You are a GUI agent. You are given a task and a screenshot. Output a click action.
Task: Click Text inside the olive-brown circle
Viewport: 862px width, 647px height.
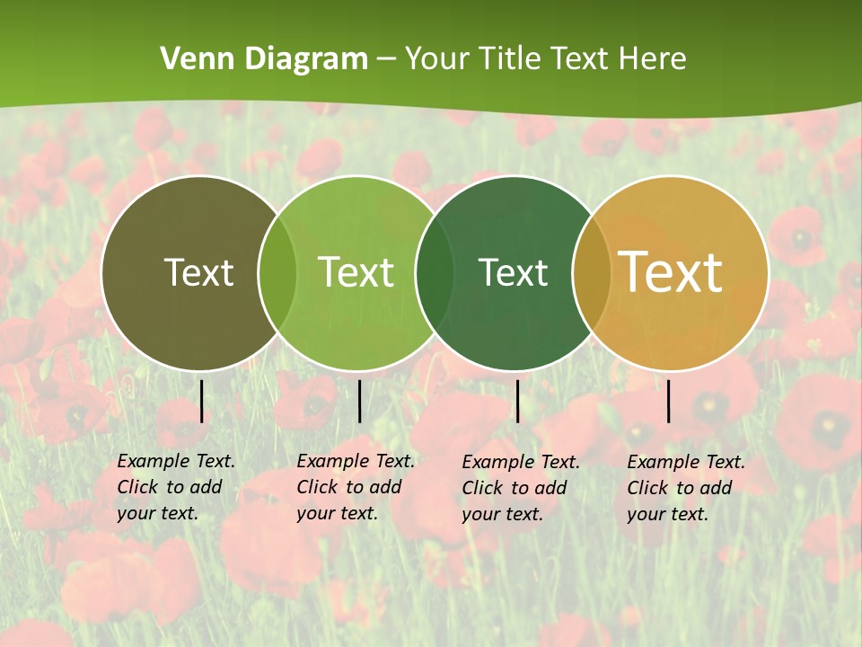[198, 272]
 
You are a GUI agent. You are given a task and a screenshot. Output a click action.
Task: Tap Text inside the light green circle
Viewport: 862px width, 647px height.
[356, 272]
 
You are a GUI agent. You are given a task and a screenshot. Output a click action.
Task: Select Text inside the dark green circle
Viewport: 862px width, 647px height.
[513, 272]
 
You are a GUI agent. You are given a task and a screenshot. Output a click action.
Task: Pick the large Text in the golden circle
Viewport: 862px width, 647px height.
[671, 272]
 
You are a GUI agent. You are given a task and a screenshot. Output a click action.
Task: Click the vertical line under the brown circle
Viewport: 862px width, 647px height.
[201, 401]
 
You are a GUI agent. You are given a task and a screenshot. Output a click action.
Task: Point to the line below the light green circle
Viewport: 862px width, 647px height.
[359, 401]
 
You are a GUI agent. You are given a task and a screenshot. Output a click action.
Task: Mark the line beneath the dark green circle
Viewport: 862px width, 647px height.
[517, 401]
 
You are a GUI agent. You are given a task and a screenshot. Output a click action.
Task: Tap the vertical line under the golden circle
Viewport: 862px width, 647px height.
[668, 401]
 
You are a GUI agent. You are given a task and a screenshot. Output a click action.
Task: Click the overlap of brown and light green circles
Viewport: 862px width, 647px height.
[277, 272]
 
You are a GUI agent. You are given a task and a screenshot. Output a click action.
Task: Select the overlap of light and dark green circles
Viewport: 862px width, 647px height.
[435, 272]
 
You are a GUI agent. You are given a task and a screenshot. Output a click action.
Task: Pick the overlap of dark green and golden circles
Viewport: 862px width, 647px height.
[591, 272]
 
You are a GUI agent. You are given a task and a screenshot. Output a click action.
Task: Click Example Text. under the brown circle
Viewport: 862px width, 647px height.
[176, 461]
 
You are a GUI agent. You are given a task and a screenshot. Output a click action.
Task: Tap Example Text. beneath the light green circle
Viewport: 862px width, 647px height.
[356, 461]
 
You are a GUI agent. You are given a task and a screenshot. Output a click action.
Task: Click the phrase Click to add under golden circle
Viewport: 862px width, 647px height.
[679, 488]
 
